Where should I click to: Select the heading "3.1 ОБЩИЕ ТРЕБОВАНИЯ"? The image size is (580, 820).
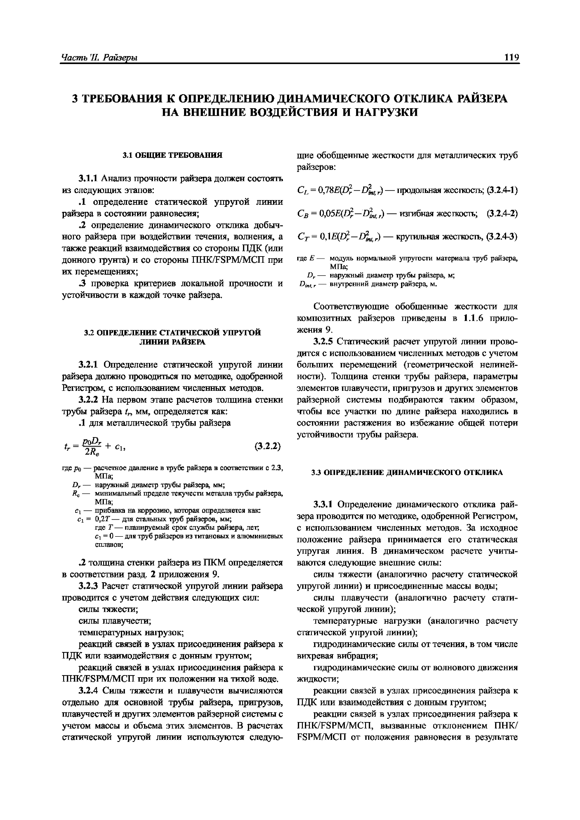[172, 155]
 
